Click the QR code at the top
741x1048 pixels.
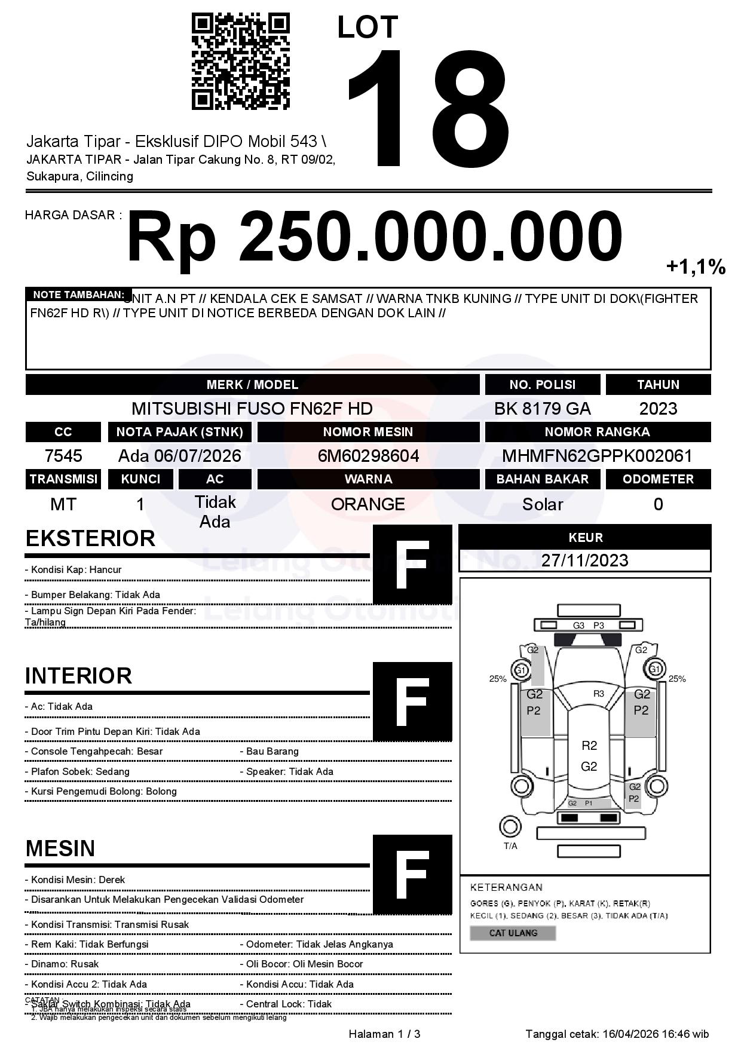(x=240, y=62)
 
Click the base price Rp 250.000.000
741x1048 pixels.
(x=374, y=237)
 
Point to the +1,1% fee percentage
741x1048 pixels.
(x=696, y=267)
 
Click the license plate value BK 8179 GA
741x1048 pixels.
(x=542, y=409)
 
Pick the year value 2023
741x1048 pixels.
(x=658, y=409)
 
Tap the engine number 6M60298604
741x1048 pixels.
(x=368, y=456)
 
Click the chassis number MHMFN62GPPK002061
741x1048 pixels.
(x=597, y=456)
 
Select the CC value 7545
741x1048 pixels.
(x=63, y=456)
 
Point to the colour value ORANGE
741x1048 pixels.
(x=368, y=504)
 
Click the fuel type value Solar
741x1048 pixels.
(x=542, y=504)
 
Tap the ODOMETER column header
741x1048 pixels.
(x=658, y=479)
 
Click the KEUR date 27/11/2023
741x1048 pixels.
(x=584, y=560)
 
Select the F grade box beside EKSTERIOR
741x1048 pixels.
(x=412, y=565)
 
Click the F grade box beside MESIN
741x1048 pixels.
(x=412, y=874)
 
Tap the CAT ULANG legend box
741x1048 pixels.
(x=513, y=933)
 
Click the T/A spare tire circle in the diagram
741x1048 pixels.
(x=510, y=827)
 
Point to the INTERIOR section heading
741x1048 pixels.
(x=78, y=676)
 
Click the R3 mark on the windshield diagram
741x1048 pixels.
(x=598, y=694)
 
